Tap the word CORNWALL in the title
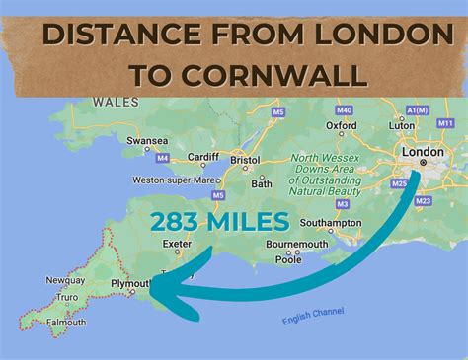292,74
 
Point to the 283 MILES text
219,222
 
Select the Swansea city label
147,141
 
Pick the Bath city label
262,182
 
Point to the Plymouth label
130,282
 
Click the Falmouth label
65,322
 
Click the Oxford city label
343,125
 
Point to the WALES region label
112,101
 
